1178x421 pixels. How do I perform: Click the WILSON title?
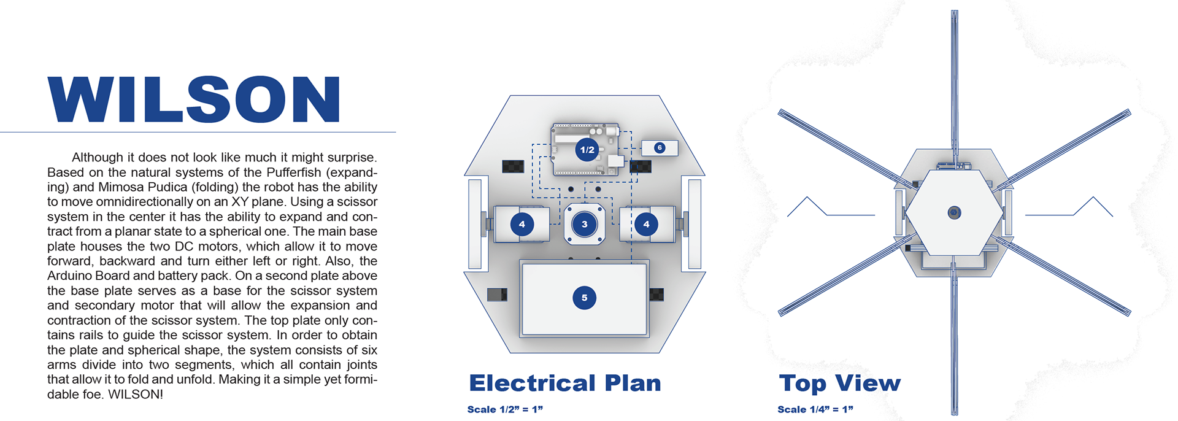pyautogui.click(x=194, y=99)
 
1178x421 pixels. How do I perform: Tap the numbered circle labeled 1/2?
pyautogui.click(x=587, y=150)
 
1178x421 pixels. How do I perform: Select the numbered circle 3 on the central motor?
pyautogui.click(x=584, y=225)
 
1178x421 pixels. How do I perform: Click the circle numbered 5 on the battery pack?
pyautogui.click(x=584, y=298)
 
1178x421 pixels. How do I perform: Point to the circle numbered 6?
pyautogui.click(x=660, y=148)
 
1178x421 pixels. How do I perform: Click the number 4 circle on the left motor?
pyautogui.click(x=522, y=225)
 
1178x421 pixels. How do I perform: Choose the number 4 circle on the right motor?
pyautogui.click(x=646, y=225)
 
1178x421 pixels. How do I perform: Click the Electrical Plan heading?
pyautogui.click(x=565, y=384)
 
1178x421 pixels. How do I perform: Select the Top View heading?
pyautogui.click(x=839, y=384)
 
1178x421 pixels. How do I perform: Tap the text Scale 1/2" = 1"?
pyautogui.click(x=505, y=409)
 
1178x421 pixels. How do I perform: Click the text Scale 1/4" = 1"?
pyautogui.click(x=815, y=409)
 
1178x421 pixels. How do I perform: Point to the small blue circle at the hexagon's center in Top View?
pyautogui.click(x=954, y=213)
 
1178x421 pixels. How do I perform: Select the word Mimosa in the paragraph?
pyautogui.click(x=119, y=187)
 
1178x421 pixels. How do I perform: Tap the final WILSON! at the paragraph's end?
pyautogui.click(x=136, y=395)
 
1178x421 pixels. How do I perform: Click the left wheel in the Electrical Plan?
pyautogui.click(x=475, y=224)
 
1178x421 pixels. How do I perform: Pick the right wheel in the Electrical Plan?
pyautogui.click(x=695, y=224)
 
